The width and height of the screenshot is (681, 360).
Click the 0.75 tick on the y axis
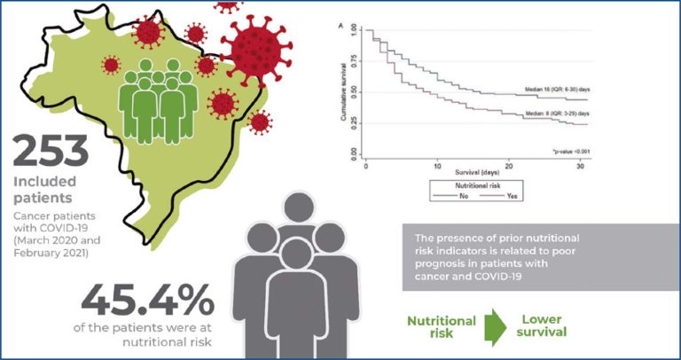point(354,61)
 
